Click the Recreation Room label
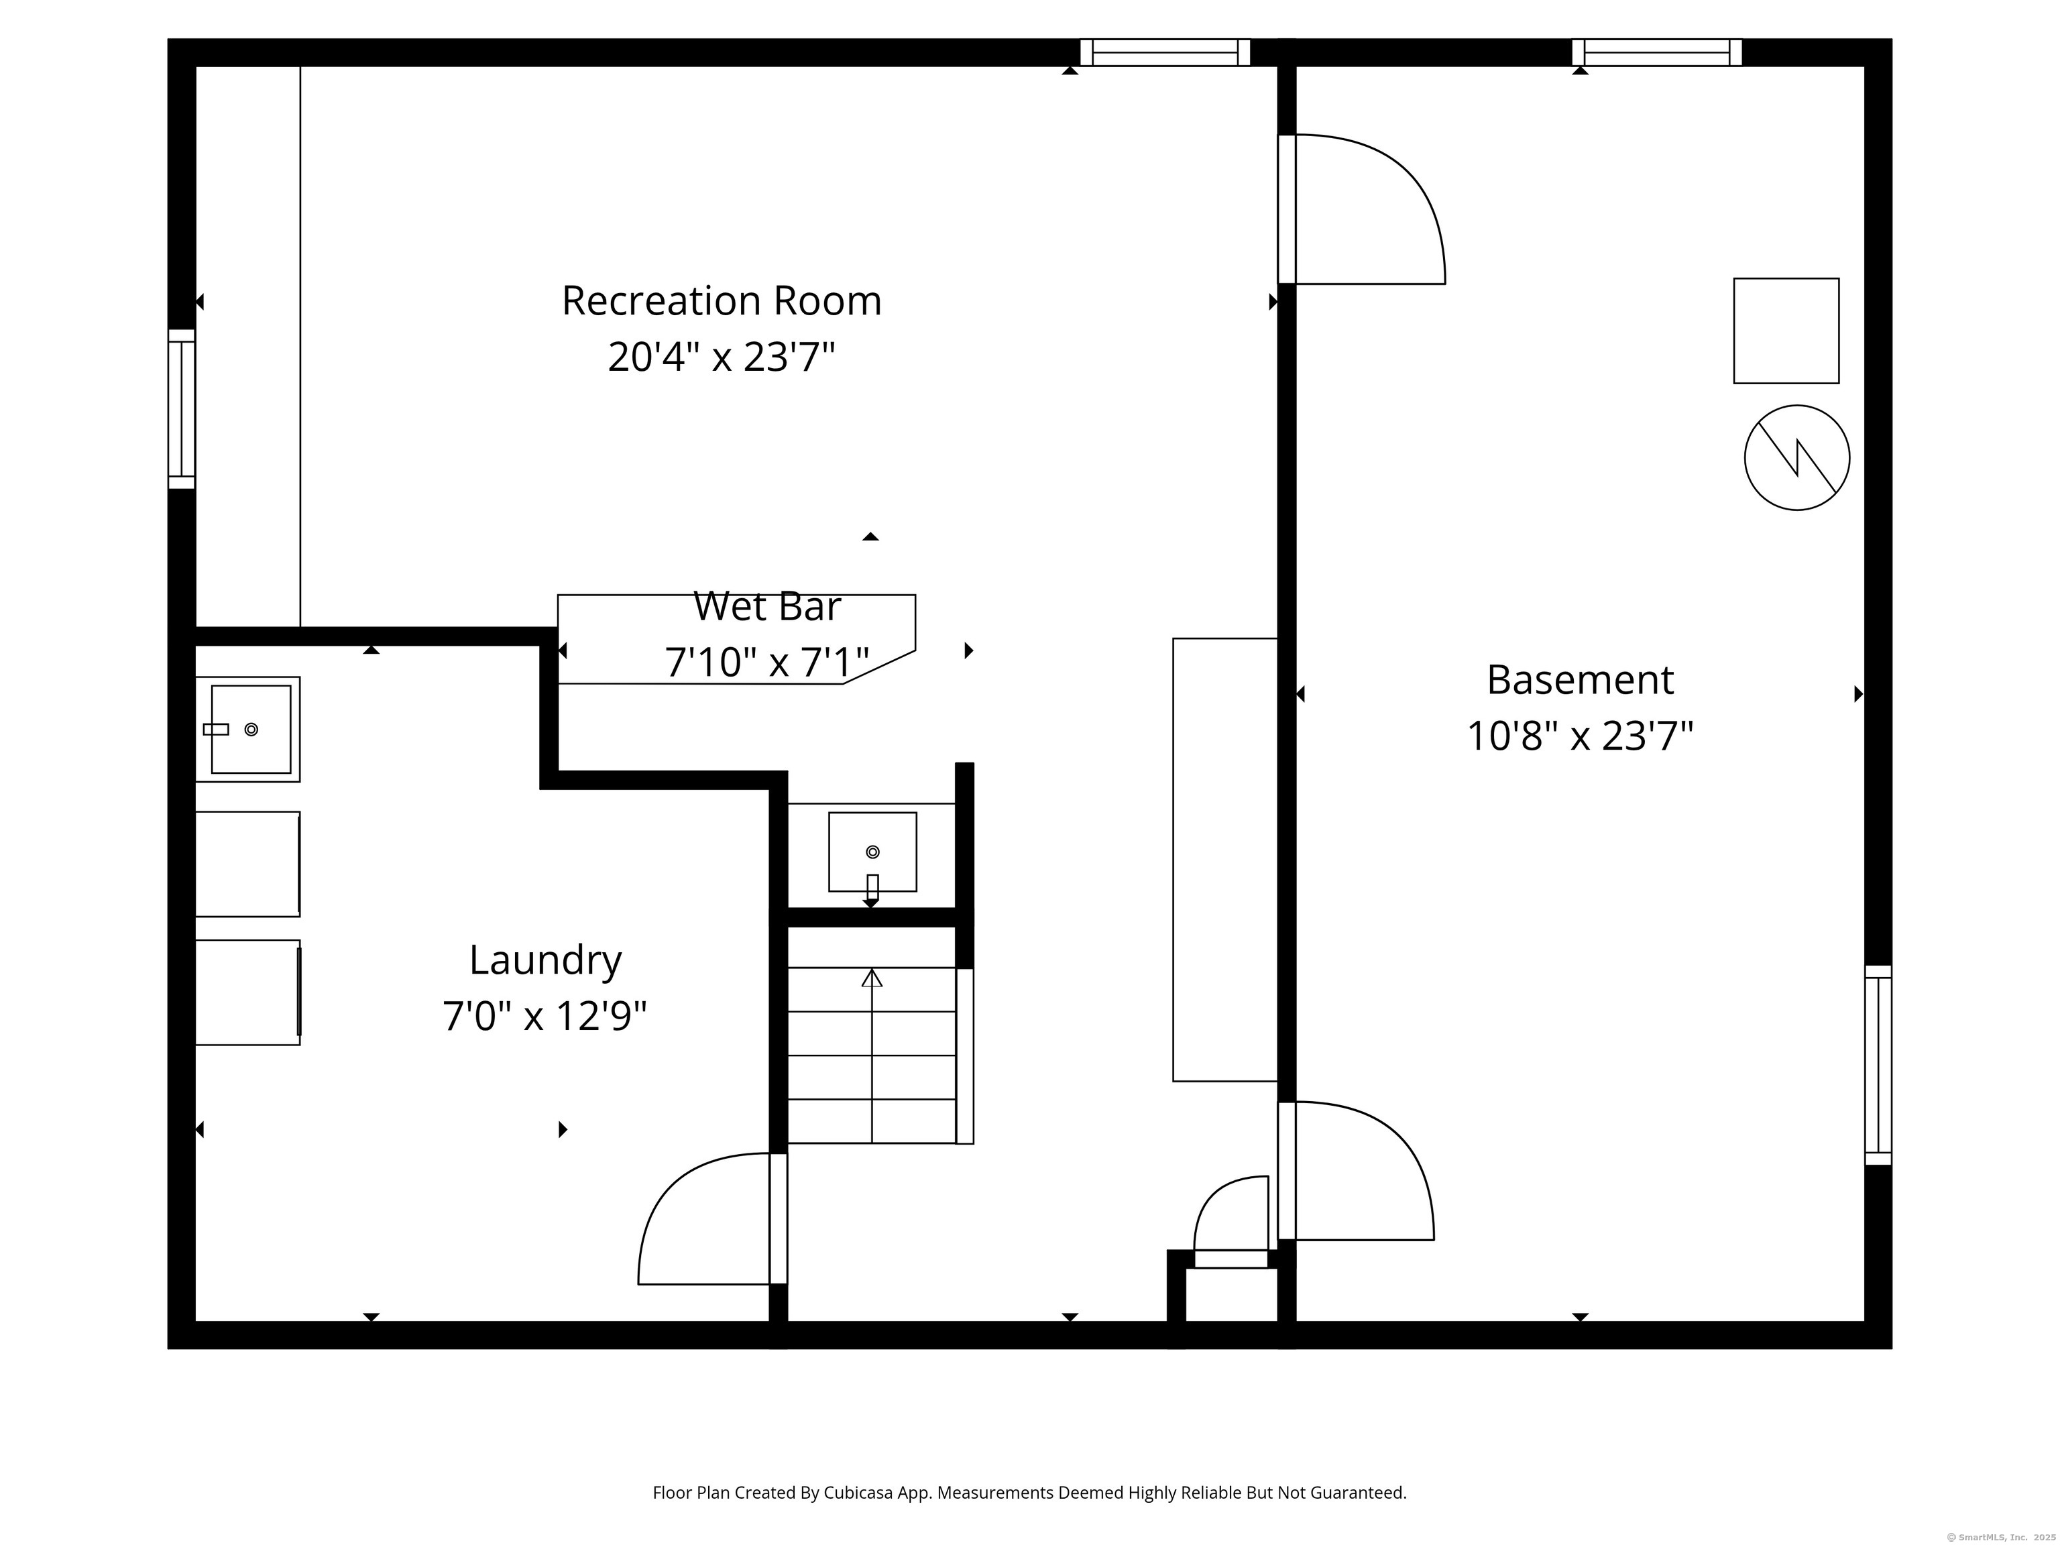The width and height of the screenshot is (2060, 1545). pos(722,301)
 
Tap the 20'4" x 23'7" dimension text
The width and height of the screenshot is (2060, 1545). pos(722,357)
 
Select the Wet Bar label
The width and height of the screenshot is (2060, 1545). pos(767,606)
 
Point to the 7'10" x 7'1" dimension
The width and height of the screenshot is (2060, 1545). pos(767,662)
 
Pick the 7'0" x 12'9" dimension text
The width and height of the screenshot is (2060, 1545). pos(545,1016)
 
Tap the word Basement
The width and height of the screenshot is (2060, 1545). pos(1581,680)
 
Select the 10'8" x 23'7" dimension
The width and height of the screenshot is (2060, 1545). pos(1581,736)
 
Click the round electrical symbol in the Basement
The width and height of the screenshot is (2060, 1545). pos(1796,457)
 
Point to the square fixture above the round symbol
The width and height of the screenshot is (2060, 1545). pos(1786,331)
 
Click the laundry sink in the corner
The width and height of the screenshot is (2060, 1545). pos(247,729)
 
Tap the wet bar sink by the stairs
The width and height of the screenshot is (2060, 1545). pos(872,852)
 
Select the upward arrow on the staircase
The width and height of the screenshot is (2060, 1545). pos(872,1056)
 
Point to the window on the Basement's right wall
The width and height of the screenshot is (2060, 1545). pos(1878,1064)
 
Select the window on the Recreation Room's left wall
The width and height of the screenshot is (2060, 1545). pos(182,409)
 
